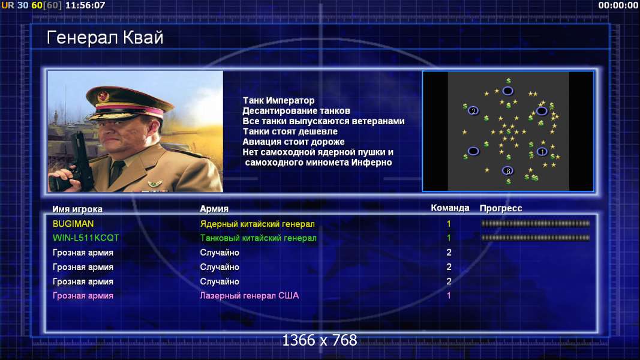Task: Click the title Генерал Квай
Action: [105, 38]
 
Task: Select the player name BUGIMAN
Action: [73, 224]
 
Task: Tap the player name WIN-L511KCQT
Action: [86, 238]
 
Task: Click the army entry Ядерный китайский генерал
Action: [257, 224]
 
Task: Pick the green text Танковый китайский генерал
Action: [258, 238]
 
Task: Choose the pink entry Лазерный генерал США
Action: [249, 296]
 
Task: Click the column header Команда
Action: [450, 208]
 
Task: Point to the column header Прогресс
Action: [501, 209]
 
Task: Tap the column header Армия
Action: [214, 209]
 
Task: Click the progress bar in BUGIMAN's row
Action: [536, 224]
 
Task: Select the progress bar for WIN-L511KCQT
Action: [536, 238]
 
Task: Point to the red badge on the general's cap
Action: [103, 97]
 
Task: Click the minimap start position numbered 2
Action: [473, 110]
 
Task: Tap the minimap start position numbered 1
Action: [542, 152]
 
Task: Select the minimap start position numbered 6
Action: [508, 171]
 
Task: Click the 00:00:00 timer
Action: [618, 5]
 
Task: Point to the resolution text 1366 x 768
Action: [320, 340]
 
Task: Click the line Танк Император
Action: [279, 100]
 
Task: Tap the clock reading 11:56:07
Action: [85, 5]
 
